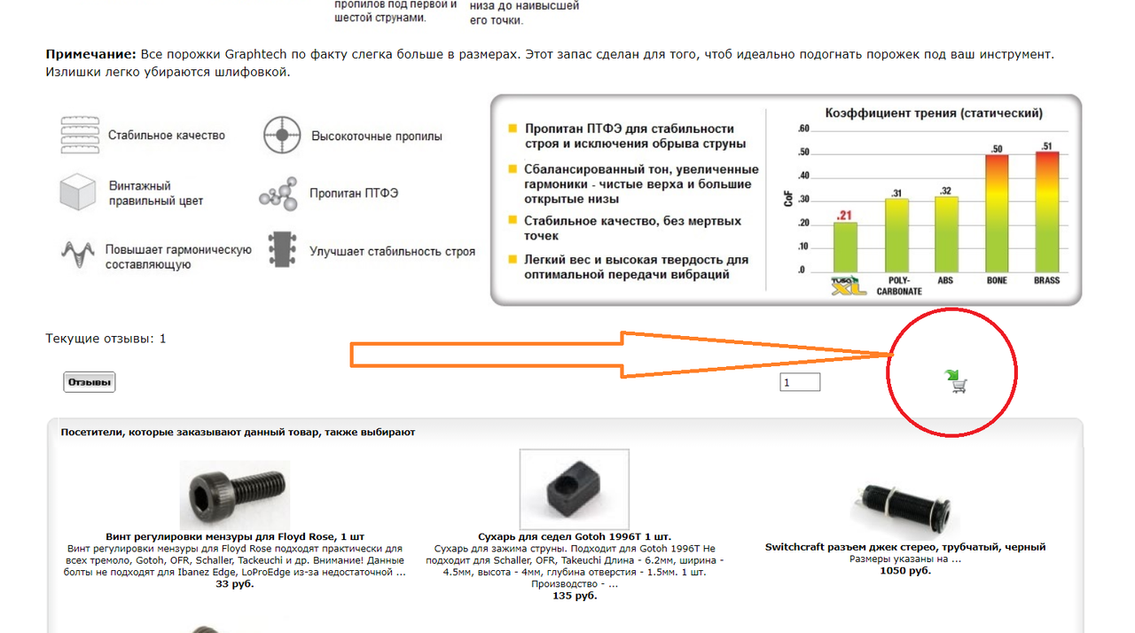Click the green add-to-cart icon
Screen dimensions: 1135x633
click(956, 382)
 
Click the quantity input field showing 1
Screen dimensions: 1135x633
click(800, 382)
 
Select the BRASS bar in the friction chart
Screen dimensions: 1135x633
click(1047, 212)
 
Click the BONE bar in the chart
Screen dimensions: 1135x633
click(997, 213)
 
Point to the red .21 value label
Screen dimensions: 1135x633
click(843, 215)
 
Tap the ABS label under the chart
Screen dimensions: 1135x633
click(945, 280)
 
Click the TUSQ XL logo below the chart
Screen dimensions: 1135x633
click(849, 286)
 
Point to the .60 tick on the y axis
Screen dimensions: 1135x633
click(803, 129)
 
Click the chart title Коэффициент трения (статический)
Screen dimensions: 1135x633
click(934, 113)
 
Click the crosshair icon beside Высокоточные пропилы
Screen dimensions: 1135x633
click(282, 135)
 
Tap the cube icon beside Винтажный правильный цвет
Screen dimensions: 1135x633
click(77, 191)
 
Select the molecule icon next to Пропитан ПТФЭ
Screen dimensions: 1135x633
click(278, 194)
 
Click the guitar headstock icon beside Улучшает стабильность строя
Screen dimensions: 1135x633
click(282, 250)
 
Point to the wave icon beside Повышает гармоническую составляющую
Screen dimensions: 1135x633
click(78, 254)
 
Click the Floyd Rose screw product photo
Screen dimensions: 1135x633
click(235, 495)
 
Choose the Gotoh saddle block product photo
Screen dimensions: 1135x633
click(574, 488)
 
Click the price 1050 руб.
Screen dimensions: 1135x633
click(905, 571)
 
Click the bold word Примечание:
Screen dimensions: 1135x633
click(90, 54)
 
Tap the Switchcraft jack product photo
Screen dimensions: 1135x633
click(904, 509)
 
